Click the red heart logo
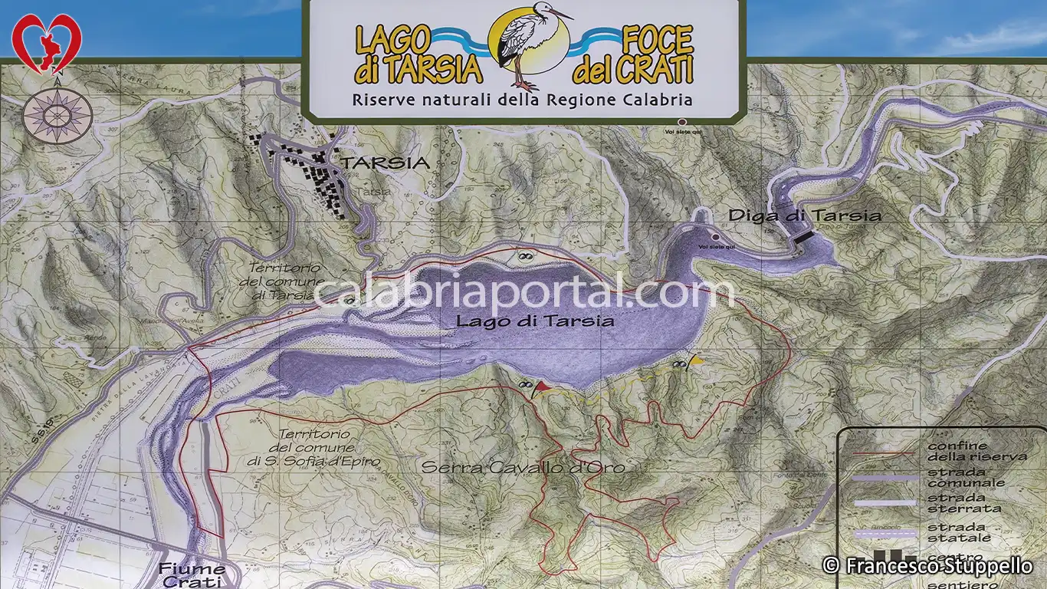pos(47,43)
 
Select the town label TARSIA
pos(385,163)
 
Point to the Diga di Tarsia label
pos(804,216)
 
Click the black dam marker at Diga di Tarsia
pos(802,239)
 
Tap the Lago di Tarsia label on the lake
pos(534,321)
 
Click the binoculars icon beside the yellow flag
pos(679,365)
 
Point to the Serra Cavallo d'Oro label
pos(523,467)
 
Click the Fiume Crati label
pos(192,574)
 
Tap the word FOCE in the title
pos(657,39)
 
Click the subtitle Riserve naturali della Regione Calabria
pos(522,100)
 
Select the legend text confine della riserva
pos(976,451)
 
